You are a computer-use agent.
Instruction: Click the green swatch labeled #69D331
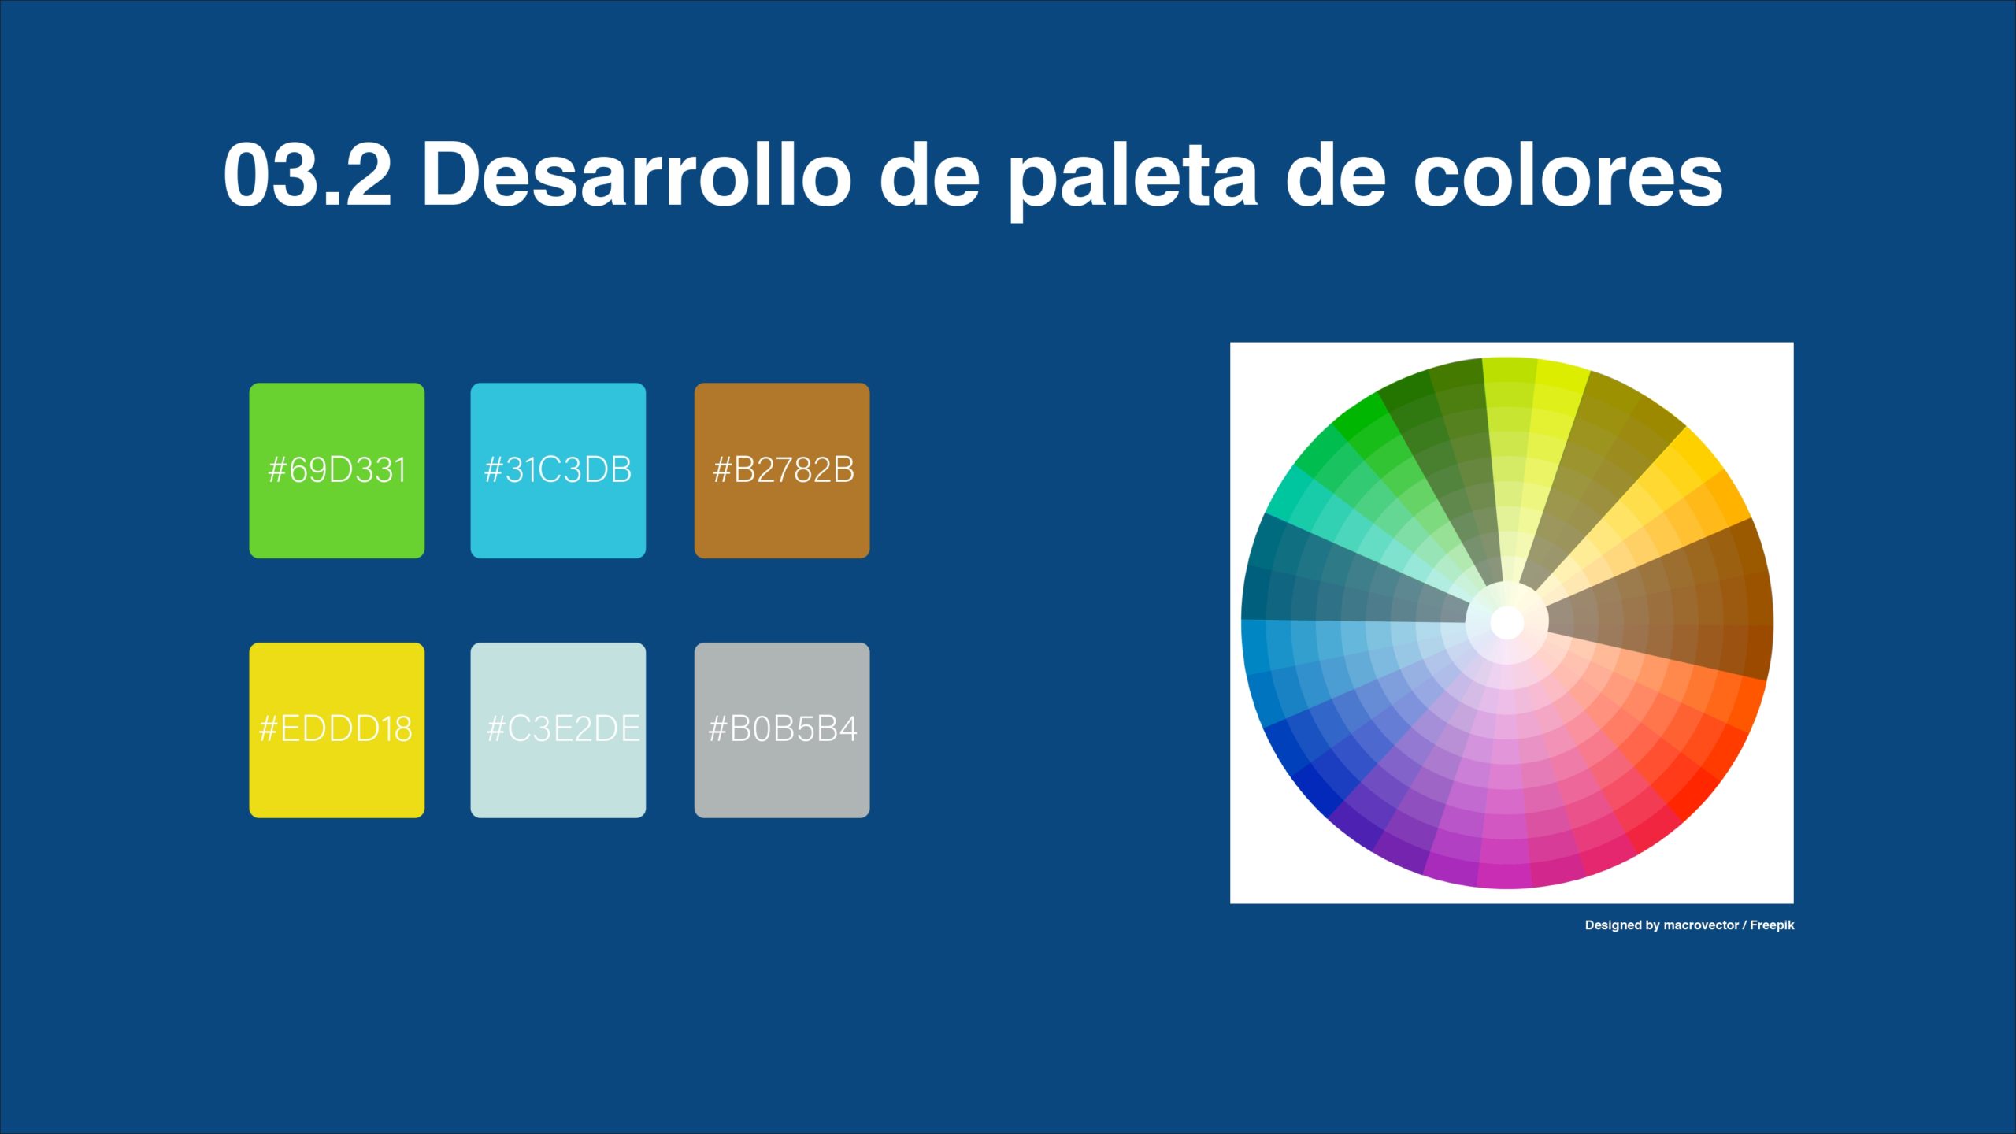337,471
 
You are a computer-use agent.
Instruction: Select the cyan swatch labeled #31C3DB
558,471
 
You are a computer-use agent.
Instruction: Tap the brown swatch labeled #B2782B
782,471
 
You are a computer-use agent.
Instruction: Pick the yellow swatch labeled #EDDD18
337,730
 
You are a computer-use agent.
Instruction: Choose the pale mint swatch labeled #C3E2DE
558,730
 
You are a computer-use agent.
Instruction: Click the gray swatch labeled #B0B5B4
782,730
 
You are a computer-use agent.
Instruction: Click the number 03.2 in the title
308,174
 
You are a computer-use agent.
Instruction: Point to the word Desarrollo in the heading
636,174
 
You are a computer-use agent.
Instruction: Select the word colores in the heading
1568,174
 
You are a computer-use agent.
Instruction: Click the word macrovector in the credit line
1701,925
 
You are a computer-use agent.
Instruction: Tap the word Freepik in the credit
1772,925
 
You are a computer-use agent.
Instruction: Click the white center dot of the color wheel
1507,623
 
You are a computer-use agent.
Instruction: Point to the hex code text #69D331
337,470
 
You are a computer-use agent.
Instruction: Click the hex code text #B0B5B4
783,729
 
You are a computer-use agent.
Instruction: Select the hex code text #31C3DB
558,470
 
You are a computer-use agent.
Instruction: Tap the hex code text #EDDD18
335,729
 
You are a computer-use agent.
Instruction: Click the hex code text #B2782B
784,470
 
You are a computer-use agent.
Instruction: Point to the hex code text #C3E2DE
563,729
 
